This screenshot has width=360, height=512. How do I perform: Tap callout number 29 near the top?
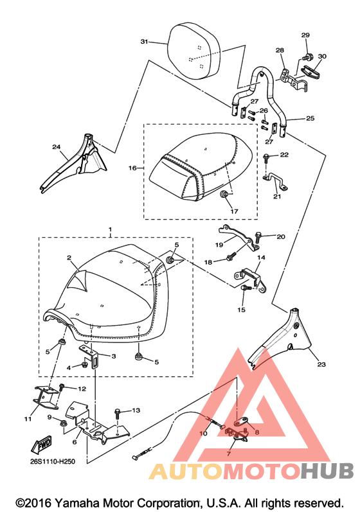point(305,35)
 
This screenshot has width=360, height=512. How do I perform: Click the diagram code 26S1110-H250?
point(51,461)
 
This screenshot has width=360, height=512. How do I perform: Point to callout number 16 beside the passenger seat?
point(132,168)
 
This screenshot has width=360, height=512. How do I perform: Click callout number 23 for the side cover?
point(321,364)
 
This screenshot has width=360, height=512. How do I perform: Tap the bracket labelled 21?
point(275,182)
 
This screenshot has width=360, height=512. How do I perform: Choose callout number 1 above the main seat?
point(110,229)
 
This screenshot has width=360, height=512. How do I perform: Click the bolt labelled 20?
point(258,237)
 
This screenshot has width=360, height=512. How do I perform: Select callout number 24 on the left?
point(57,147)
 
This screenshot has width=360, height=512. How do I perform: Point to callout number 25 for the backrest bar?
point(310,118)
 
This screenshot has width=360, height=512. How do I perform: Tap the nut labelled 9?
point(62,423)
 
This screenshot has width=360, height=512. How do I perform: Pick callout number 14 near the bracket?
point(261,258)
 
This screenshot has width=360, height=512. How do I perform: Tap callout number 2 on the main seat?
point(69,258)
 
